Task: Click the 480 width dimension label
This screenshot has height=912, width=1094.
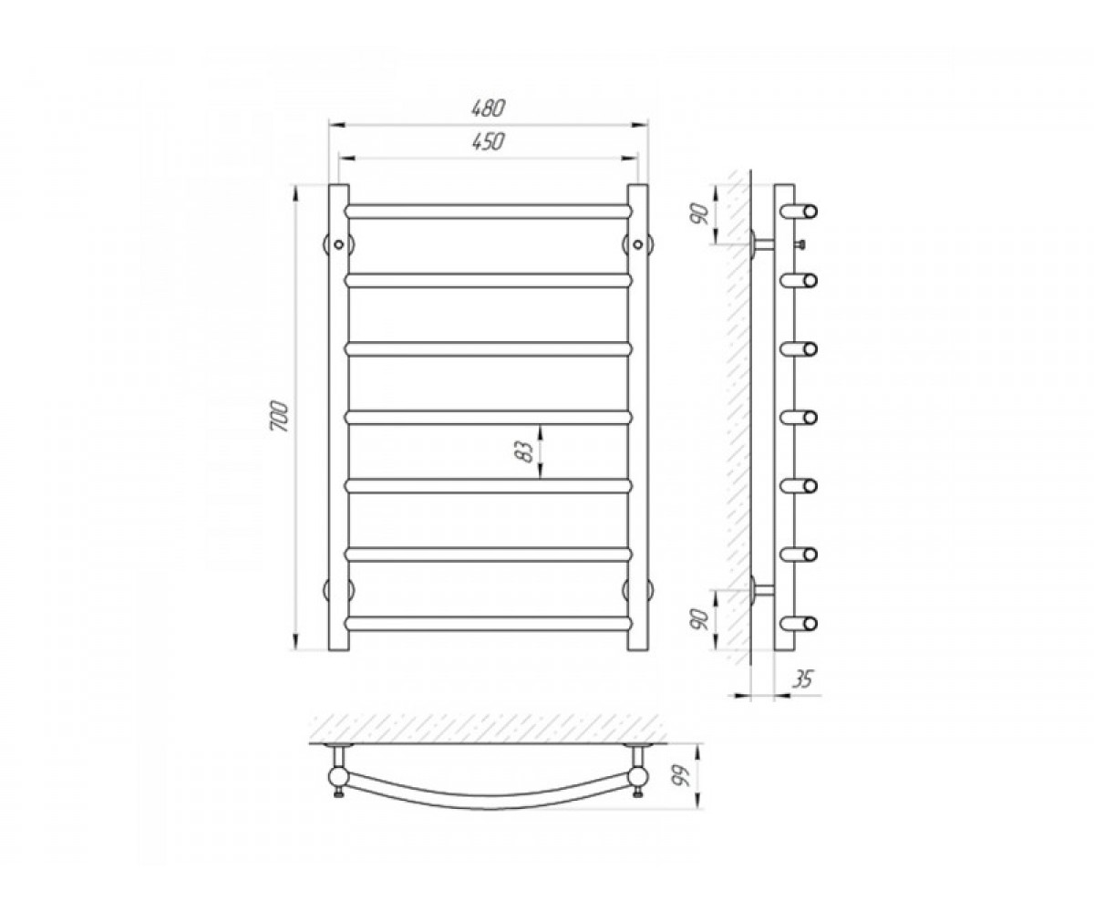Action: (488, 109)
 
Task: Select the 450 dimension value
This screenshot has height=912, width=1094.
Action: (488, 142)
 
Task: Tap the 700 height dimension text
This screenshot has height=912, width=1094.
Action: (279, 416)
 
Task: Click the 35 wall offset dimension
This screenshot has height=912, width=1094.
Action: (802, 679)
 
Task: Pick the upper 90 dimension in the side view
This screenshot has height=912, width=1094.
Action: (700, 213)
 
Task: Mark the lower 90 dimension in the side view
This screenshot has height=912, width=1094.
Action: (700, 620)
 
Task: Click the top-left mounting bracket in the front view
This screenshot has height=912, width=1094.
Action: (338, 244)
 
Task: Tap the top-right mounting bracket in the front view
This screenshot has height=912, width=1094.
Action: (637, 244)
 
